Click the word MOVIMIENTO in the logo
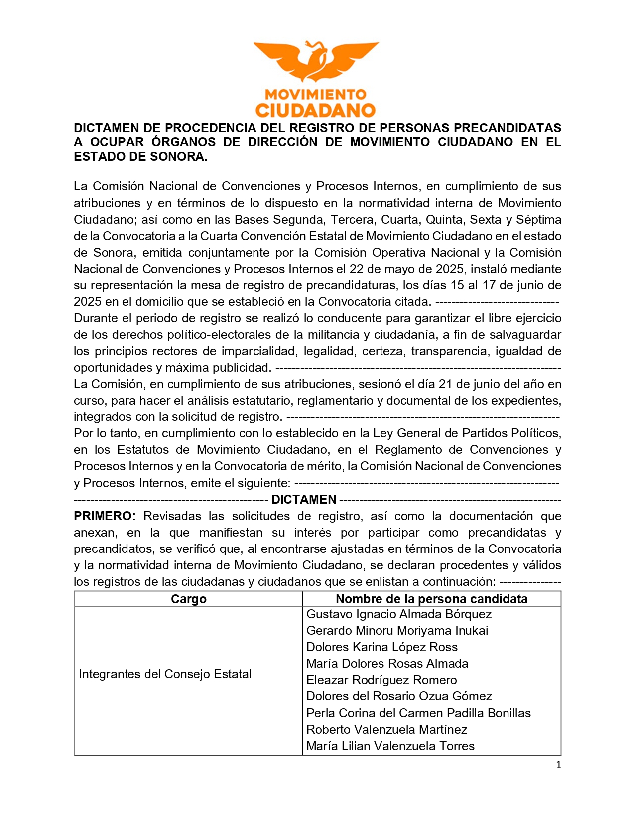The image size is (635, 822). coord(316,94)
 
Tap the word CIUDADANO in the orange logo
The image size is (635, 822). coord(316,110)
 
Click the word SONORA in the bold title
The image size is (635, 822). coord(181,157)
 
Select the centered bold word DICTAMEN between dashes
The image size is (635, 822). coord(304,500)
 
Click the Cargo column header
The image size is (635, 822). coord(188,599)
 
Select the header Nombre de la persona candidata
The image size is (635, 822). coord(431,599)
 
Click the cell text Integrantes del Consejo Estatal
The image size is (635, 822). coord(165,674)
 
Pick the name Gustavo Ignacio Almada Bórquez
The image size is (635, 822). coord(399,614)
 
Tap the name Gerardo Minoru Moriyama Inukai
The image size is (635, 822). coord(397,631)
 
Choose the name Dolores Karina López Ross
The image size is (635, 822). coord(381,647)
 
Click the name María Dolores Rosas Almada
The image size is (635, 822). coord(387,664)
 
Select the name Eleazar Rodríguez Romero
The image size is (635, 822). coord(381,680)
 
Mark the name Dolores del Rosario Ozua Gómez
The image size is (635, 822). coord(399,696)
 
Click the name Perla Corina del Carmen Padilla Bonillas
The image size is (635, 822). coord(418,713)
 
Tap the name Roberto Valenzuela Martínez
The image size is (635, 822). coord(386,730)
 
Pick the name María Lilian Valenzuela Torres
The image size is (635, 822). coord(390,746)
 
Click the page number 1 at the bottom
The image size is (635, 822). coord(558,765)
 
